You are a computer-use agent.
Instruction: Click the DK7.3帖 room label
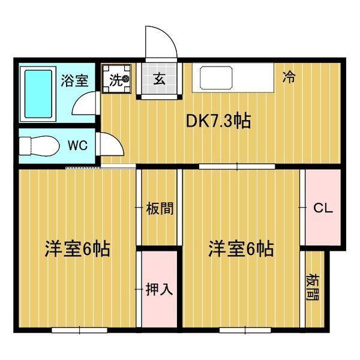tap(218, 121)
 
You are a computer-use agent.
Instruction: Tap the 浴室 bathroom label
tap(75, 80)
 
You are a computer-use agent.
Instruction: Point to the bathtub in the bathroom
tap(38, 93)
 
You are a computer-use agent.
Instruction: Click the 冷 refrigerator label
tap(289, 77)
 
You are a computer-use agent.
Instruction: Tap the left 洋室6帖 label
tap(77, 249)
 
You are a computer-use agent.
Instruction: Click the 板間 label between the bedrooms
tap(160, 209)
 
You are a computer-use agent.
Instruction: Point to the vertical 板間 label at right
tap(313, 287)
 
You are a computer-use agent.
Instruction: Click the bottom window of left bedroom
tap(79, 329)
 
